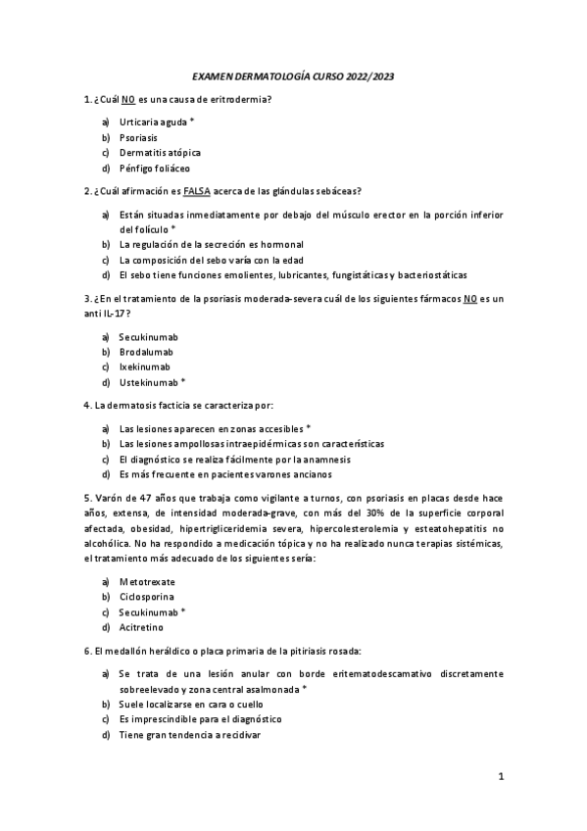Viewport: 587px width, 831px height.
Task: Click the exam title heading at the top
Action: (x=293, y=75)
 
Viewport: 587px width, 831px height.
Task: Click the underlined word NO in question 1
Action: (x=128, y=99)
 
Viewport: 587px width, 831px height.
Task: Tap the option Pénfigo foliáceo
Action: (x=155, y=168)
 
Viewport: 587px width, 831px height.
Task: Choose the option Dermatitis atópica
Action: (x=160, y=152)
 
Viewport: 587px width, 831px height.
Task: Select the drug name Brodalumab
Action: (x=149, y=351)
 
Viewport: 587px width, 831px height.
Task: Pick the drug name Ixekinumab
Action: (x=145, y=367)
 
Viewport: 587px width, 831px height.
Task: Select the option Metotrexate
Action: (x=148, y=581)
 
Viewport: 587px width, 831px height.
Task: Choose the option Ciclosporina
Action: (x=148, y=596)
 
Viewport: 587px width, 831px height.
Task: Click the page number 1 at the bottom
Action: (x=501, y=777)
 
